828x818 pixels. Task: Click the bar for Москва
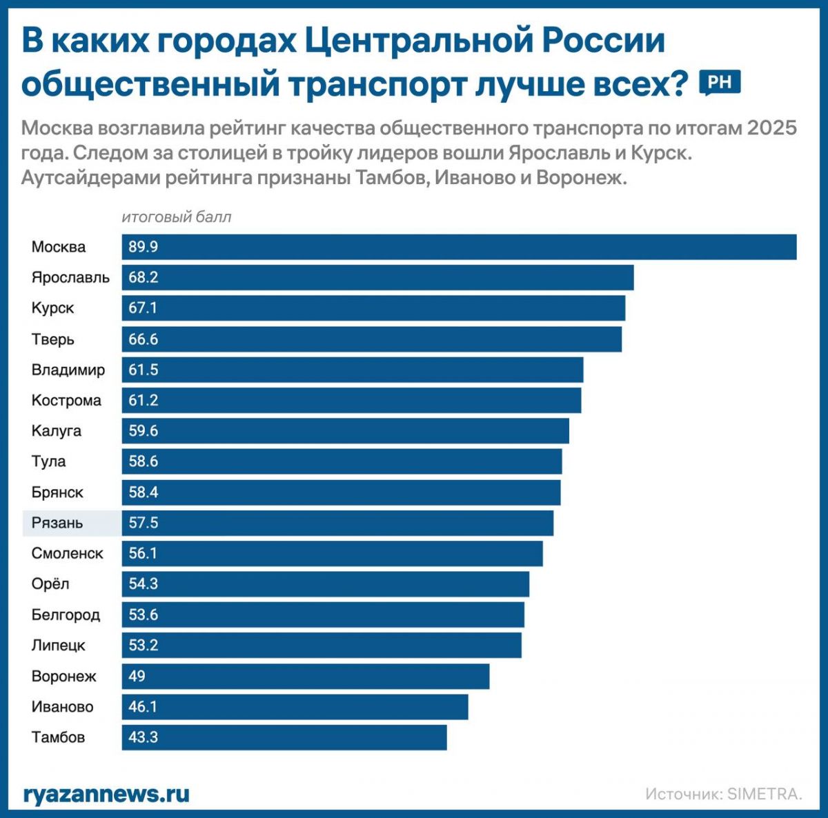pos(459,247)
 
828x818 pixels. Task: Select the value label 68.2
pos(144,277)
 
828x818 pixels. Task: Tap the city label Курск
pos(52,308)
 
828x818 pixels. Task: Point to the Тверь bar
pos(372,339)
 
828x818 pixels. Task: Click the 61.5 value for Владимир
pos(144,370)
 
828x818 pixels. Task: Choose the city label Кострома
pos(66,400)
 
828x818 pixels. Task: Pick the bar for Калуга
pos(346,431)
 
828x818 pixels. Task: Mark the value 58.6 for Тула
pos(144,461)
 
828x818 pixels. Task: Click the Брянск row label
pos(57,492)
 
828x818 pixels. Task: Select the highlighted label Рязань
pos(57,523)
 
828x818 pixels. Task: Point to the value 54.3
pos(144,583)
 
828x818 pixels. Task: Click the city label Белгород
pos(66,615)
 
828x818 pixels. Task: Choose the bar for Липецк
pos(322,645)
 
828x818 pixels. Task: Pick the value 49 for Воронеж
pos(137,676)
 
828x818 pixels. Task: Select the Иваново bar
pos(295,706)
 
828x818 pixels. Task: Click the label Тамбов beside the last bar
pos(58,737)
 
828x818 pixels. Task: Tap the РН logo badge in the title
pos(720,83)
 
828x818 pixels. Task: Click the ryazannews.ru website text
pos(106,794)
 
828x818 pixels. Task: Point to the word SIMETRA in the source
pos(764,794)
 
